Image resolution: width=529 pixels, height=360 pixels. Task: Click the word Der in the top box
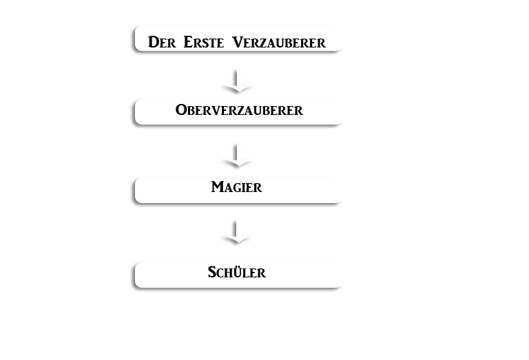coord(162,42)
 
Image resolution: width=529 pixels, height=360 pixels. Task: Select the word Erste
coord(204,42)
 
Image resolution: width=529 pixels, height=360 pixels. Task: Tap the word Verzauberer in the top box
coord(279,42)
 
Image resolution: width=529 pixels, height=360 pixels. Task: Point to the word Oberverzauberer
coord(239,110)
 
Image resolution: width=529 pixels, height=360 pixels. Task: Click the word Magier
coord(236,187)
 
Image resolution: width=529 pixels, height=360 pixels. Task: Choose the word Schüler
coord(236,272)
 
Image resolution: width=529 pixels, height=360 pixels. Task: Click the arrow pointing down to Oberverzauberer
coord(236,81)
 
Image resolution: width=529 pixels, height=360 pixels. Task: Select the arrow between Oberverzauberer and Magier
coord(236,156)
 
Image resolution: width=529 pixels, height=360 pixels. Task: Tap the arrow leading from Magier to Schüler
coord(236,232)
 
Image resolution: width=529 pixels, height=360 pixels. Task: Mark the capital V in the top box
coord(238,42)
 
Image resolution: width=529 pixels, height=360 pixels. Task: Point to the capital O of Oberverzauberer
coord(181,110)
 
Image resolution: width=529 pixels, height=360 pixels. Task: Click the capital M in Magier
coord(218,187)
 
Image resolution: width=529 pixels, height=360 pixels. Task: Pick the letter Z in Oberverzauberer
coord(235,111)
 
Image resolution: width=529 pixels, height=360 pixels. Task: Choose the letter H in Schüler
coord(228,273)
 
